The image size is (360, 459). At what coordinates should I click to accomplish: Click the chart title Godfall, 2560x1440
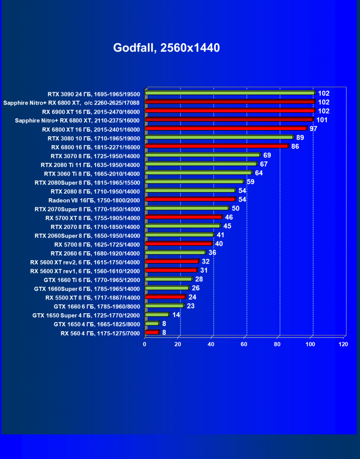click(166, 48)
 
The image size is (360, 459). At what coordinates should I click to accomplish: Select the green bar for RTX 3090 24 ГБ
click(230, 93)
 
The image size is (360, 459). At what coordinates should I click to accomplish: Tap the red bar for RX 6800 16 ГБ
click(216, 146)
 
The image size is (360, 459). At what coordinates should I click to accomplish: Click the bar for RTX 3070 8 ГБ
click(203, 155)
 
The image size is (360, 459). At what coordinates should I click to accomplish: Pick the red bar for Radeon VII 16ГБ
click(190, 199)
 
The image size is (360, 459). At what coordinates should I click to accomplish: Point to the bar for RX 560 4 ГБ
click(152, 333)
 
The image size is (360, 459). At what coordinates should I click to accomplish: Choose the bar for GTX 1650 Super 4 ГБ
click(157, 315)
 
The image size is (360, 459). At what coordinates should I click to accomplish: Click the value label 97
click(313, 129)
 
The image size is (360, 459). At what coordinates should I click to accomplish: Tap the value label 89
click(300, 138)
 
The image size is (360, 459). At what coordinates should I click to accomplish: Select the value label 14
click(176, 315)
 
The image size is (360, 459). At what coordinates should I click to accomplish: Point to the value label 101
click(322, 120)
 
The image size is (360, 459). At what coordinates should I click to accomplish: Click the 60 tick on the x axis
click(244, 344)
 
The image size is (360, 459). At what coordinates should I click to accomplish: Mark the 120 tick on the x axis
click(343, 344)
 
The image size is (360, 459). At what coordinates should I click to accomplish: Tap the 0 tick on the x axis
click(145, 344)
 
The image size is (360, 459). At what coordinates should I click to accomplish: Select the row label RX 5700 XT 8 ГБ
click(93, 218)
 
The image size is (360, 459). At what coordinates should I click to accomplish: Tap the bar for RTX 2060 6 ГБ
click(175, 253)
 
